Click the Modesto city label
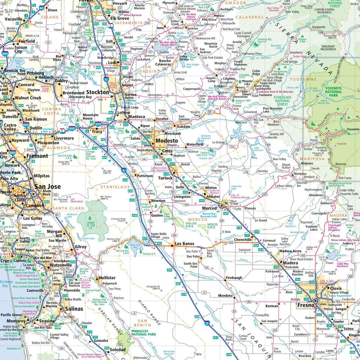point(167,141)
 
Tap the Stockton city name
point(97,92)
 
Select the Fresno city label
point(306,306)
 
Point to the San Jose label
point(47,187)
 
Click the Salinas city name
point(74,309)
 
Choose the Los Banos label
point(184,244)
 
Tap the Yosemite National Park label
point(333,92)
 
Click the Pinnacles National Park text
point(143,332)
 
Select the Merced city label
point(209,208)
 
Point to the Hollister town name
point(107,278)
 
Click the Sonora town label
point(240,88)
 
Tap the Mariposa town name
point(300,174)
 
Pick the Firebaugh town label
point(234,278)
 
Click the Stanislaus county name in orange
point(115,187)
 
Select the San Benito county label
point(143,323)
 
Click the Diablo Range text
point(149,312)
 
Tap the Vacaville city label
point(13,19)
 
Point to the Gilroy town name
point(81,247)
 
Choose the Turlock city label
point(165,178)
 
